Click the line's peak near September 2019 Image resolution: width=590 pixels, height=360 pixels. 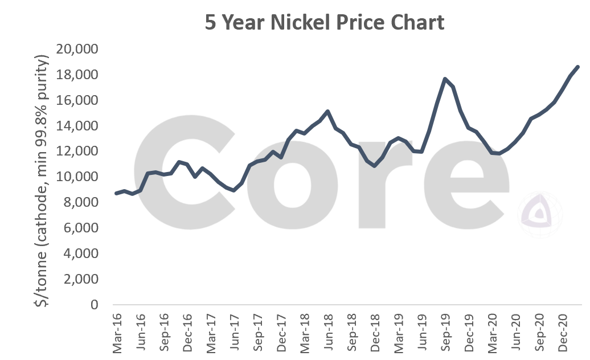pyautogui.click(x=445, y=79)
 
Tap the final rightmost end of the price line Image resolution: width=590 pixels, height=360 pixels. pyautogui.click(x=578, y=67)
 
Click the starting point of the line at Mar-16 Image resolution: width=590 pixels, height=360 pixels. pyautogui.click(x=116, y=193)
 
